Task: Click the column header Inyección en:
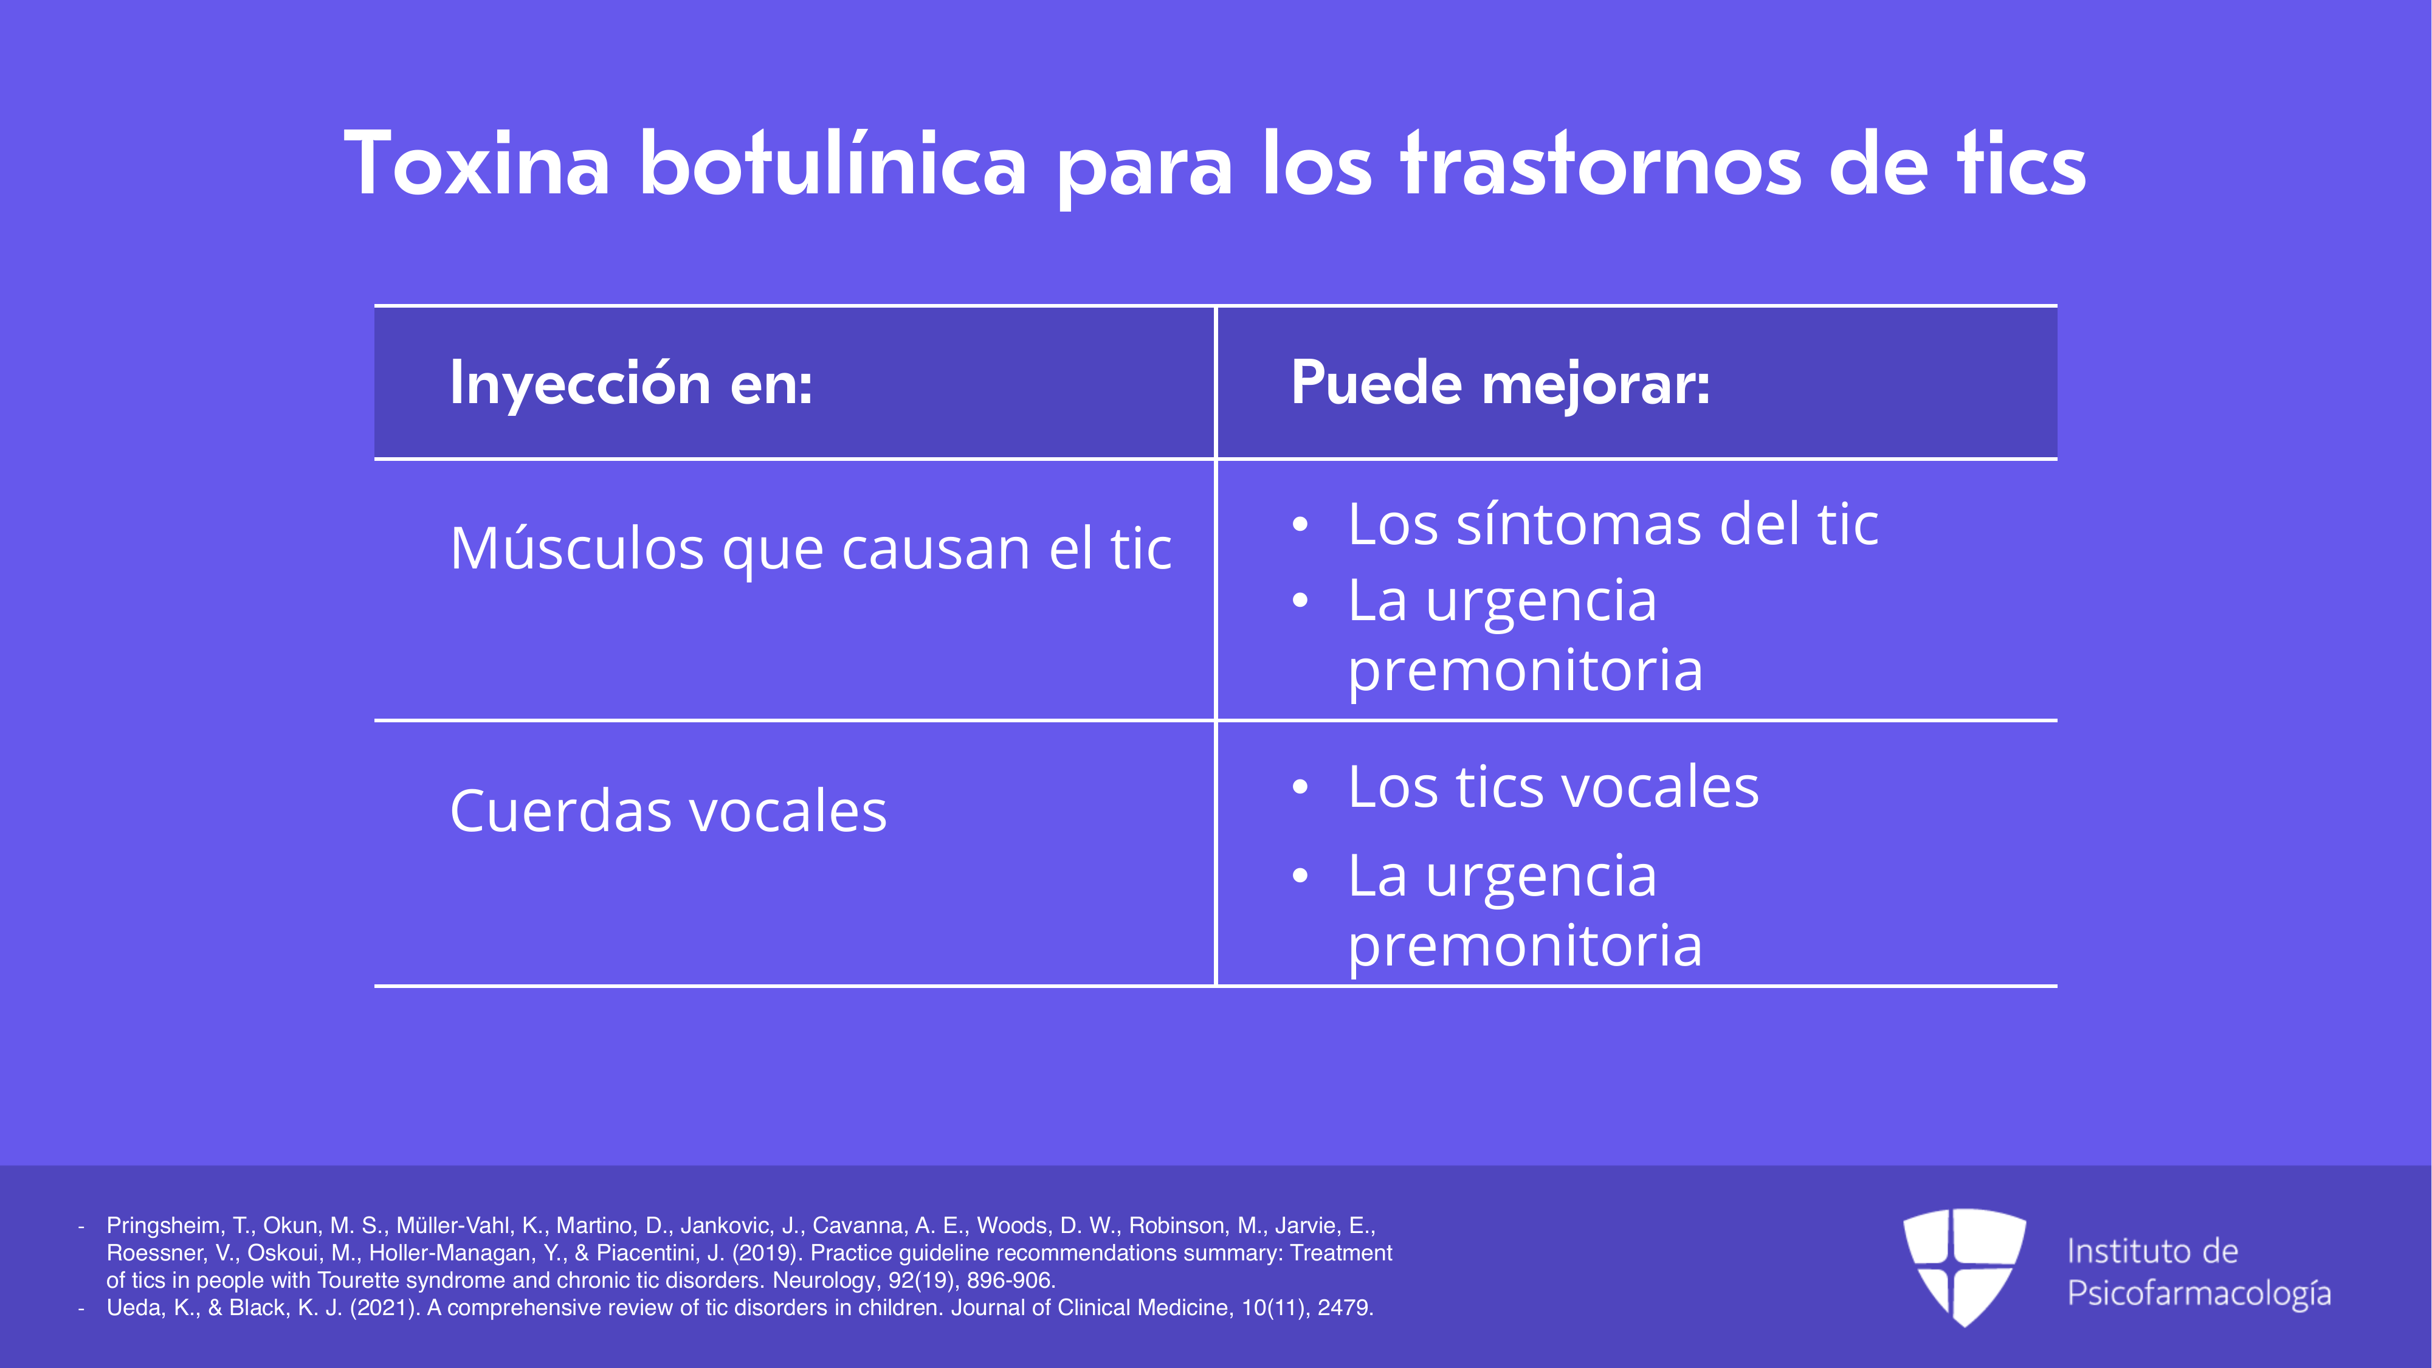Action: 632,384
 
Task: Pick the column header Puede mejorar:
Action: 1500,384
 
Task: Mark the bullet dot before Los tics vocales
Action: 1300,787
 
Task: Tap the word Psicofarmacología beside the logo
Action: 2199,1293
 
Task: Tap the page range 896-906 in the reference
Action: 1010,1280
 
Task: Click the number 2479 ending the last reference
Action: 1345,1308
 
